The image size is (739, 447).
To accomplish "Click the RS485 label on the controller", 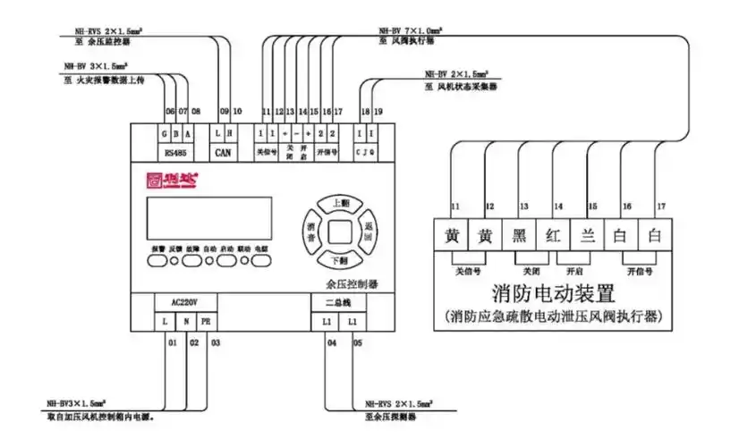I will pos(175,152).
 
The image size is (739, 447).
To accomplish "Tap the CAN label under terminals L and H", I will pos(224,152).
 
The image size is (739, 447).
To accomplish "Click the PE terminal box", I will pos(206,320).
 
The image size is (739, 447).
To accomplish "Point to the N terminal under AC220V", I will pos(185,320).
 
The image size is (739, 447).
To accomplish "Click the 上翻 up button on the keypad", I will pos(340,202).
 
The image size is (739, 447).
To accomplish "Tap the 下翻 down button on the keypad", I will pos(340,260).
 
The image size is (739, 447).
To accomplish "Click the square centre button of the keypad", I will pos(340,232).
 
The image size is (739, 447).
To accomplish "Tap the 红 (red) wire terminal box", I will pos(555,236).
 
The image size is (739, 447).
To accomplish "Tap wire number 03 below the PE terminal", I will pos(215,342).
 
